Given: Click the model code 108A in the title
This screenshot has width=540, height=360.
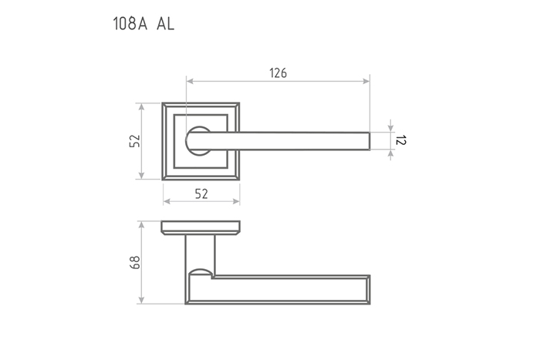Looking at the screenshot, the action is (130, 24).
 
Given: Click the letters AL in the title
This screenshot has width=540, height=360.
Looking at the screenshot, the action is (166, 24).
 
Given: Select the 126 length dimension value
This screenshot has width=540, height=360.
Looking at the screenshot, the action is (278, 73).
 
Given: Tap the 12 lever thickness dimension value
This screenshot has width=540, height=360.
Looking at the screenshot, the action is (400, 140).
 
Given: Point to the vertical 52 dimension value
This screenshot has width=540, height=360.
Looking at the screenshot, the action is (135, 141).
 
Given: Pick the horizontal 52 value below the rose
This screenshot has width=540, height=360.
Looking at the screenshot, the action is (201, 194).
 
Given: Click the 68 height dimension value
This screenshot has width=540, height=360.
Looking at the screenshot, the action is (135, 263).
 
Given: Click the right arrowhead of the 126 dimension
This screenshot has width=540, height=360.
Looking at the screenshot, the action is (366, 81).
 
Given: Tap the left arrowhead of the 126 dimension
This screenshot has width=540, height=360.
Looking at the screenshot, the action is (190, 81).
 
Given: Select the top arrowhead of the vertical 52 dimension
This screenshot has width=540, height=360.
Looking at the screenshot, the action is (141, 106).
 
